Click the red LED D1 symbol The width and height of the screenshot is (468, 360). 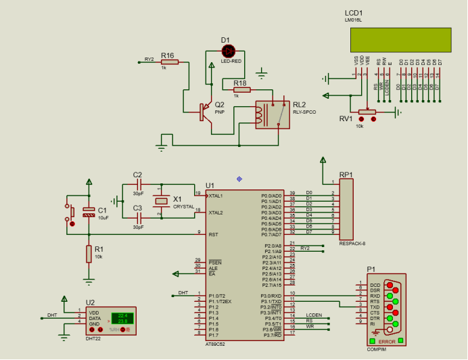point(229,51)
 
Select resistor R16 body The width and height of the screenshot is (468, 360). point(169,62)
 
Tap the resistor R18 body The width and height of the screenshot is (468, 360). point(241,89)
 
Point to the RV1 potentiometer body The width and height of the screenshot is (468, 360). point(366,112)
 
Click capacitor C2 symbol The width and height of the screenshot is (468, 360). point(138,184)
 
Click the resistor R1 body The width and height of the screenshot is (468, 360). point(89,254)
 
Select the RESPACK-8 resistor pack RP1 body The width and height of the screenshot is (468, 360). point(347,210)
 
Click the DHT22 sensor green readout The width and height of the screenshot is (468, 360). point(122,317)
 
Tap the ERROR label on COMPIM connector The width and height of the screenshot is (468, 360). point(387,341)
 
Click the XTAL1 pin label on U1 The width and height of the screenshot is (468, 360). point(216,195)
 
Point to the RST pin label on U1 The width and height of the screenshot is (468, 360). point(212,234)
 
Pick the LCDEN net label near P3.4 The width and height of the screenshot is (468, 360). point(314,315)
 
